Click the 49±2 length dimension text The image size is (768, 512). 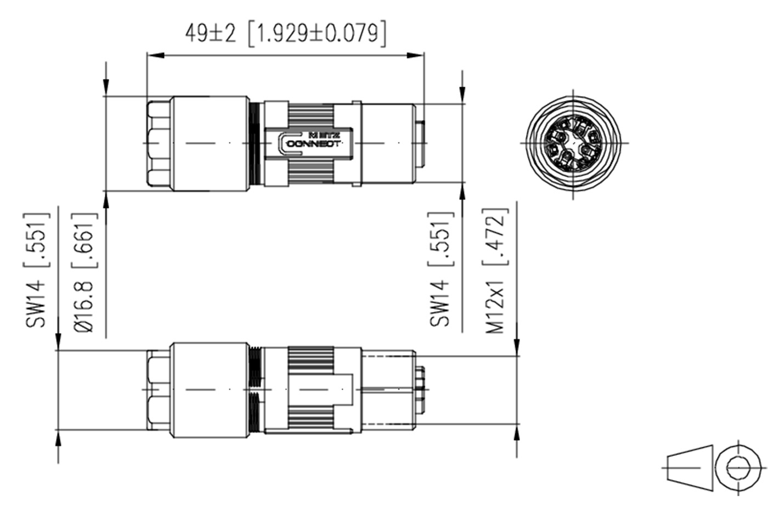(x=211, y=33)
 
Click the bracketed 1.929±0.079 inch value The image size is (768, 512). (x=317, y=33)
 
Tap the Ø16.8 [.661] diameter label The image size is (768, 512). (x=84, y=273)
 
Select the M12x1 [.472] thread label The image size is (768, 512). (x=496, y=271)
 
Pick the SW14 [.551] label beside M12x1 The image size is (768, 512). (x=441, y=269)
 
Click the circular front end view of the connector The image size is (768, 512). (x=574, y=143)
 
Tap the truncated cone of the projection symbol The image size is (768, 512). (x=690, y=468)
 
